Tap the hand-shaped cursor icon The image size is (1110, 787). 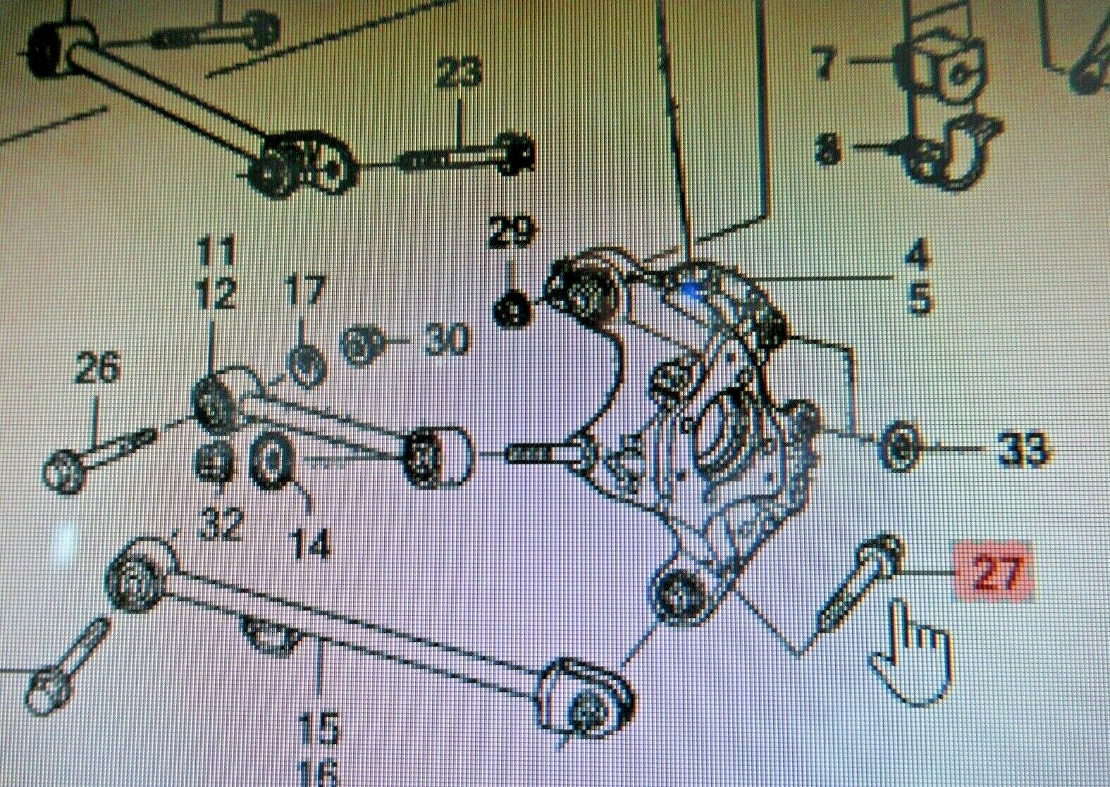[x=912, y=655]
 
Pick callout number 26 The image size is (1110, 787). [x=97, y=367]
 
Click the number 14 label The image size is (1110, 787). [x=310, y=544]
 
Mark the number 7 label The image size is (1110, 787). [x=824, y=64]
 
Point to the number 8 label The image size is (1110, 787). [x=828, y=150]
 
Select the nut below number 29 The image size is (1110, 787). [x=512, y=310]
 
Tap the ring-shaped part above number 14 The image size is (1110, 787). [x=271, y=460]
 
